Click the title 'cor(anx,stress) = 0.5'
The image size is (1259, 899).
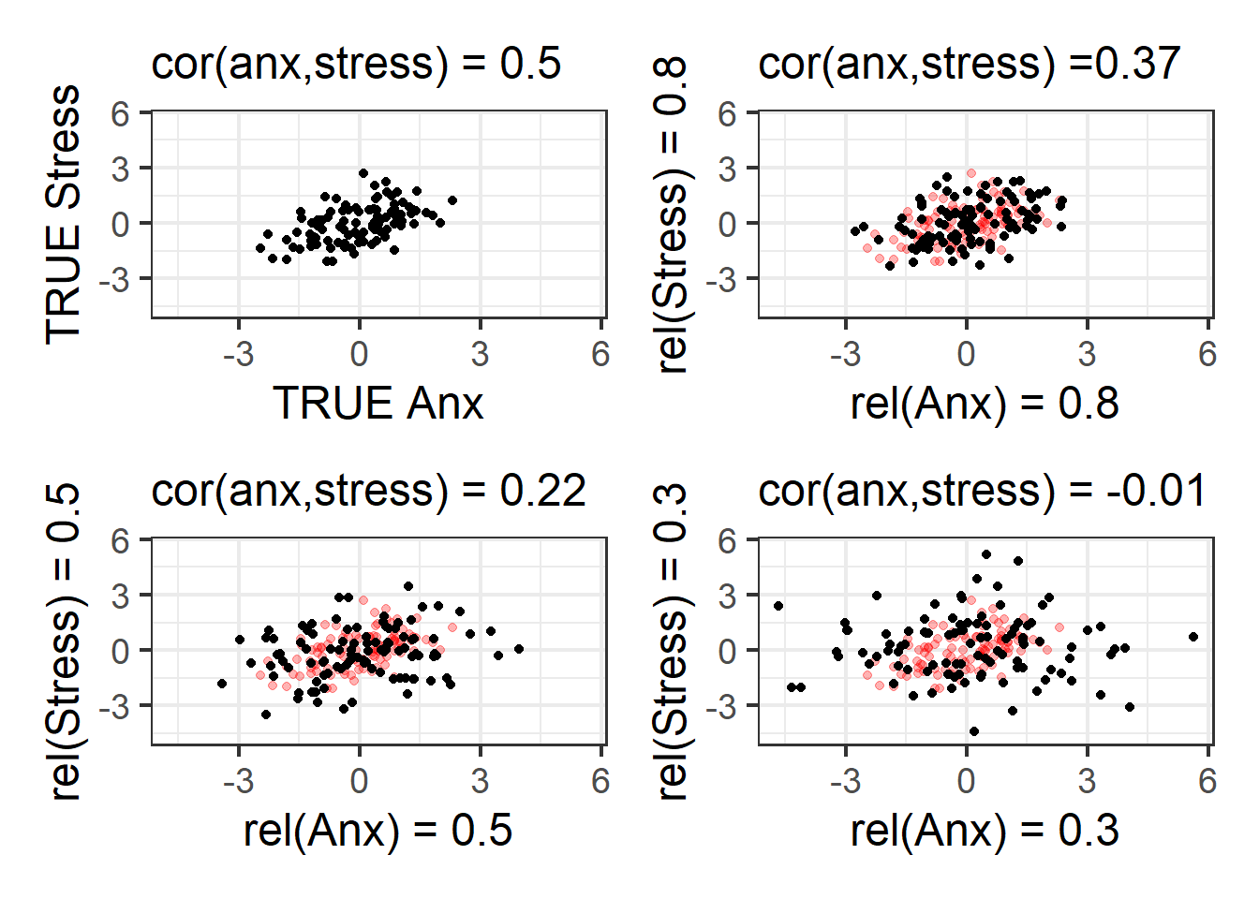[x=356, y=64]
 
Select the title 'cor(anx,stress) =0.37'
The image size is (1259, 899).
[x=969, y=64]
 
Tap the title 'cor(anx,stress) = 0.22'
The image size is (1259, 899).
[x=368, y=491]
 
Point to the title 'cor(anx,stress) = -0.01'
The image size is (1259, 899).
[x=982, y=491]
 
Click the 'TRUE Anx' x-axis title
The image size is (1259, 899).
[x=378, y=404]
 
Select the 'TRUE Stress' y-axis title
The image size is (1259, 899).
[x=64, y=214]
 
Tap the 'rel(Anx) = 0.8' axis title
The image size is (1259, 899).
[x=985, y=404]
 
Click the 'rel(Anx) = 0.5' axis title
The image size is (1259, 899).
[x=378, y=831]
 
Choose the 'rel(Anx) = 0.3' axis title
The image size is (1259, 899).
[x=985, y=831]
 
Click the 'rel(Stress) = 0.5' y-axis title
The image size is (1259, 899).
[x=64, y=641]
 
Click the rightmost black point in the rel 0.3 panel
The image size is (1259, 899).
[x=1193, y=637]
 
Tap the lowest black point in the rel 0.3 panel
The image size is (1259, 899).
[x=974, y=731]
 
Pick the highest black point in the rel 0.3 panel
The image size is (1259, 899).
[x=985, y=555]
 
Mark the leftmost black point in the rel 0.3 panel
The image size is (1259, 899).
[x=778, y=606]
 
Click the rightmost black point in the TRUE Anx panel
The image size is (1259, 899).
[x=452, y=200]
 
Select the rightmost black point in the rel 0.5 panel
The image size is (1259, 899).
[x=519, y=649]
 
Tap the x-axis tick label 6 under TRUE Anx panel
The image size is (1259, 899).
[x=600, y=354]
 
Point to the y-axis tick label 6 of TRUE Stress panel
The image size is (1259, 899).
[x=120, y=114]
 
